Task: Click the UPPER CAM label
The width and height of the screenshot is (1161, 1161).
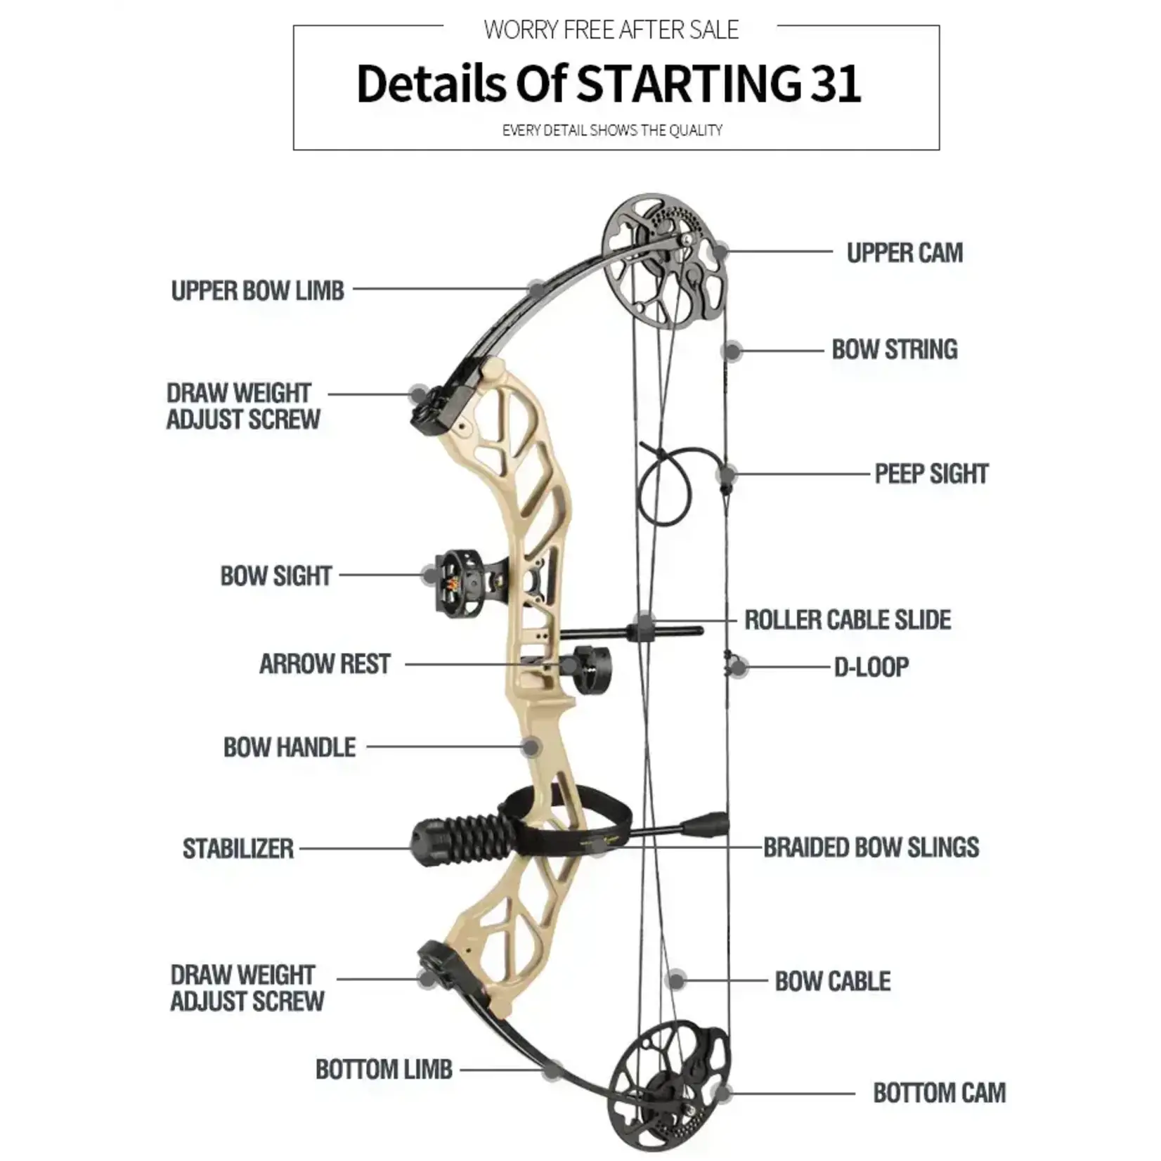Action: click(x=904, y=253)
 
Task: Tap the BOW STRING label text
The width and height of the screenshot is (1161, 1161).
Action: click(x=895, y=349)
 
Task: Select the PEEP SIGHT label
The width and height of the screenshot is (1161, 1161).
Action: click(x=931, y=474)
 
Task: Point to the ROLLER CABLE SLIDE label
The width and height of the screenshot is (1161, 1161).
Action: click(x=848, y=620)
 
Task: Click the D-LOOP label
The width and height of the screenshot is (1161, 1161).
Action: click(x=871, y=667)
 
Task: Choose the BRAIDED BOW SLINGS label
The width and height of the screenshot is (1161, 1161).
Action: click(x=871, y=848)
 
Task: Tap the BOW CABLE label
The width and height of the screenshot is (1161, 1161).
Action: click(x=833, y=981)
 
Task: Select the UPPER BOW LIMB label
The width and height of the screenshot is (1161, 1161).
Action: click(x=258, y=290)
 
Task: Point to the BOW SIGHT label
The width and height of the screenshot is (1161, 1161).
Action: click(x=275, y=576)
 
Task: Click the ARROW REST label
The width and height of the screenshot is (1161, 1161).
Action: click(x=325, y=664)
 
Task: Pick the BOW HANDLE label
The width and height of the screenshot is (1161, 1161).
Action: click(x=290, y=747)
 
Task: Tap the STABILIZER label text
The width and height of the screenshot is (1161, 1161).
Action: click(x=238, y=848)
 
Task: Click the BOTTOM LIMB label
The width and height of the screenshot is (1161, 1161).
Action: click(x=384, y=1069)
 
